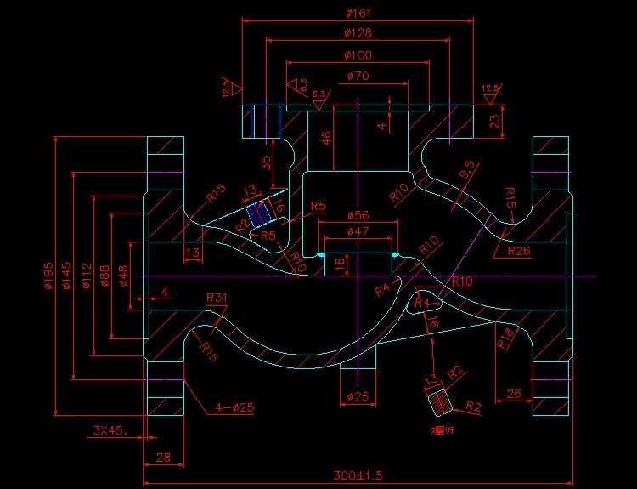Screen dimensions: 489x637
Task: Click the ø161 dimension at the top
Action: (x=358, y=13)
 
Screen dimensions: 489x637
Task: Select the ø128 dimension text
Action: (x=358, y=33)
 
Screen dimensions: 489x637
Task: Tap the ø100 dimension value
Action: (x=358, y=54)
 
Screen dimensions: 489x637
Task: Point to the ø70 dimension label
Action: (x=358, y=77)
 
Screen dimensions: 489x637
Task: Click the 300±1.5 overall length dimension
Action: (x=358, y=475)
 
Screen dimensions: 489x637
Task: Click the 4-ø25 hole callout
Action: (x=230, y=408)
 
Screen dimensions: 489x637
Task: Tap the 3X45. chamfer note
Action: (x=110, y=430)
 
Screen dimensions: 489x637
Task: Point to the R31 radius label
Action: (x=217, y=298)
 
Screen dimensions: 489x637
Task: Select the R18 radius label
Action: (x=503, y=339)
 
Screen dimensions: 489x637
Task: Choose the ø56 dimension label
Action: (x=358, y=214)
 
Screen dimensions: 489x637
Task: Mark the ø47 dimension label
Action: (x=358, y=230)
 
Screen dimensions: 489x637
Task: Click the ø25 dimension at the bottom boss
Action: (x=358, y=397)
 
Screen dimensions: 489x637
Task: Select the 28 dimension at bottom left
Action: (x=163, y=458)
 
